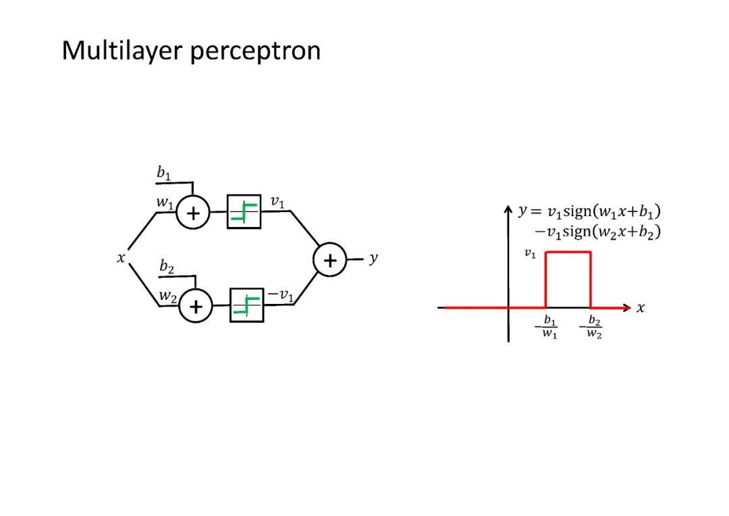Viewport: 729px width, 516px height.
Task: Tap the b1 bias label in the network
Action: pyautogui.click(x=164, y=174)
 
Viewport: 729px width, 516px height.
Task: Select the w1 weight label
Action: pyautogui.click(x=164, y=202)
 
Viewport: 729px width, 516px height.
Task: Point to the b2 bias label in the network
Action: pyautogui.click(x=167, y=267)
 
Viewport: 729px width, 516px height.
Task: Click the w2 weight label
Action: pyautogui.click(x=167, y=296)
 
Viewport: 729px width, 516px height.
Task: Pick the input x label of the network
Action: pyautogui.click(x=121, y=257)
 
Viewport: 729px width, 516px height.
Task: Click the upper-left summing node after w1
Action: pyautogui.click(x=194, y=213)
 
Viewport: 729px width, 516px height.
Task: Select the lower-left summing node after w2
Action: pyautogui.click(x=196, y=307)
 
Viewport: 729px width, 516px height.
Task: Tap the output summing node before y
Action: pyautogui.click(x=329, y=261)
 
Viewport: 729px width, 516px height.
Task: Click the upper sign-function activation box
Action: pyautogui.click(x=244, y=211)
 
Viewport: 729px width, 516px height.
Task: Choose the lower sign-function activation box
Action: pyautogui.click(x=246, y=305)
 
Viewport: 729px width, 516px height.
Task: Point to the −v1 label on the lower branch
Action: pyautogui.click(x=280, y=295)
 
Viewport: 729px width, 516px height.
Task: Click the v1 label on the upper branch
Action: pyautogui.click(x=277, y=201)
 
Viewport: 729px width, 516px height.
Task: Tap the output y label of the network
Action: pyautogui.click(x=373, y=259)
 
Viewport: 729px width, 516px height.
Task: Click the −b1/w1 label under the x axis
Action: pyautogui.click(x=547, y=327)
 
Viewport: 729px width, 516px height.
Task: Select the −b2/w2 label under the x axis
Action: pyautogui.click(x=591, y=327)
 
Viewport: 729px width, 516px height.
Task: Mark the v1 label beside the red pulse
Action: pyautogui.click(x=531, y=253)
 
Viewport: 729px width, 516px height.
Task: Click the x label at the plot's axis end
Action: pyautogui.click(x=641, y=308)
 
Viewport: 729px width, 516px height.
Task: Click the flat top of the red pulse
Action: pyautogui.click(x=568, y=252)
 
